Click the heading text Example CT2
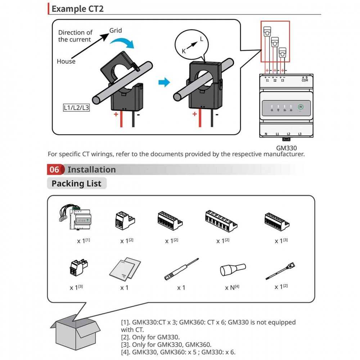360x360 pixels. click(x=77, y=9)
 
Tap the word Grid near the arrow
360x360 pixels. click(x=116, y=31)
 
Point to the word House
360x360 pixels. click(x=66, y=62)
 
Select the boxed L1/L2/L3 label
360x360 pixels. click(x=76, y=107)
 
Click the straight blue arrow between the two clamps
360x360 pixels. click(x=164, y=83)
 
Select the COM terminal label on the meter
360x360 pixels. click(x=305, y=81)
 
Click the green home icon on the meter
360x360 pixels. click(x=300, y=107)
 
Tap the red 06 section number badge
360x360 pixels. click(x=54, y=170)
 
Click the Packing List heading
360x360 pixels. click(x=76, y=184)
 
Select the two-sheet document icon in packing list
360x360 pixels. click(x=124, y=269)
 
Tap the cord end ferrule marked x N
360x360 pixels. click(x=233, y=269)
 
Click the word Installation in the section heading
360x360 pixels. click(x=91, y=170)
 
